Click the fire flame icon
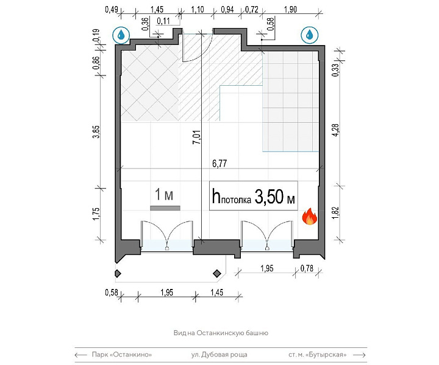[x=309, y=217]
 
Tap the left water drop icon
[x=121, y=35]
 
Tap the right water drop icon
[x=310, y=35]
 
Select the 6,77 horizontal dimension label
[x=220, y=164]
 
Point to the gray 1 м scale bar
[x=165, y=208]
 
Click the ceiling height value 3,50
[x=269, y=196]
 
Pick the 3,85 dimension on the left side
[x=96, y=132]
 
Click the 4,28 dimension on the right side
[x=335, y=130]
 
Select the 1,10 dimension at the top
[x=198, y=10]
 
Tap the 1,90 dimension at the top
[x=290, y=10]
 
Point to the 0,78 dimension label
[x=307, y=268]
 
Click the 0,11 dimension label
[x=163, y=21]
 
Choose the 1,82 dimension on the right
[x=336, y=213]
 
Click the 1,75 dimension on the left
[x=96, y=214]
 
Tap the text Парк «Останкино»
[x=122, y=355]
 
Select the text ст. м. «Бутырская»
[x=318, y=355]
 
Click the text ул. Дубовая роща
[x=220, y=355]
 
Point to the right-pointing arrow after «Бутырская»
[x=360, y=355]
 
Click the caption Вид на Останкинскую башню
[x=221, y=333]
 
